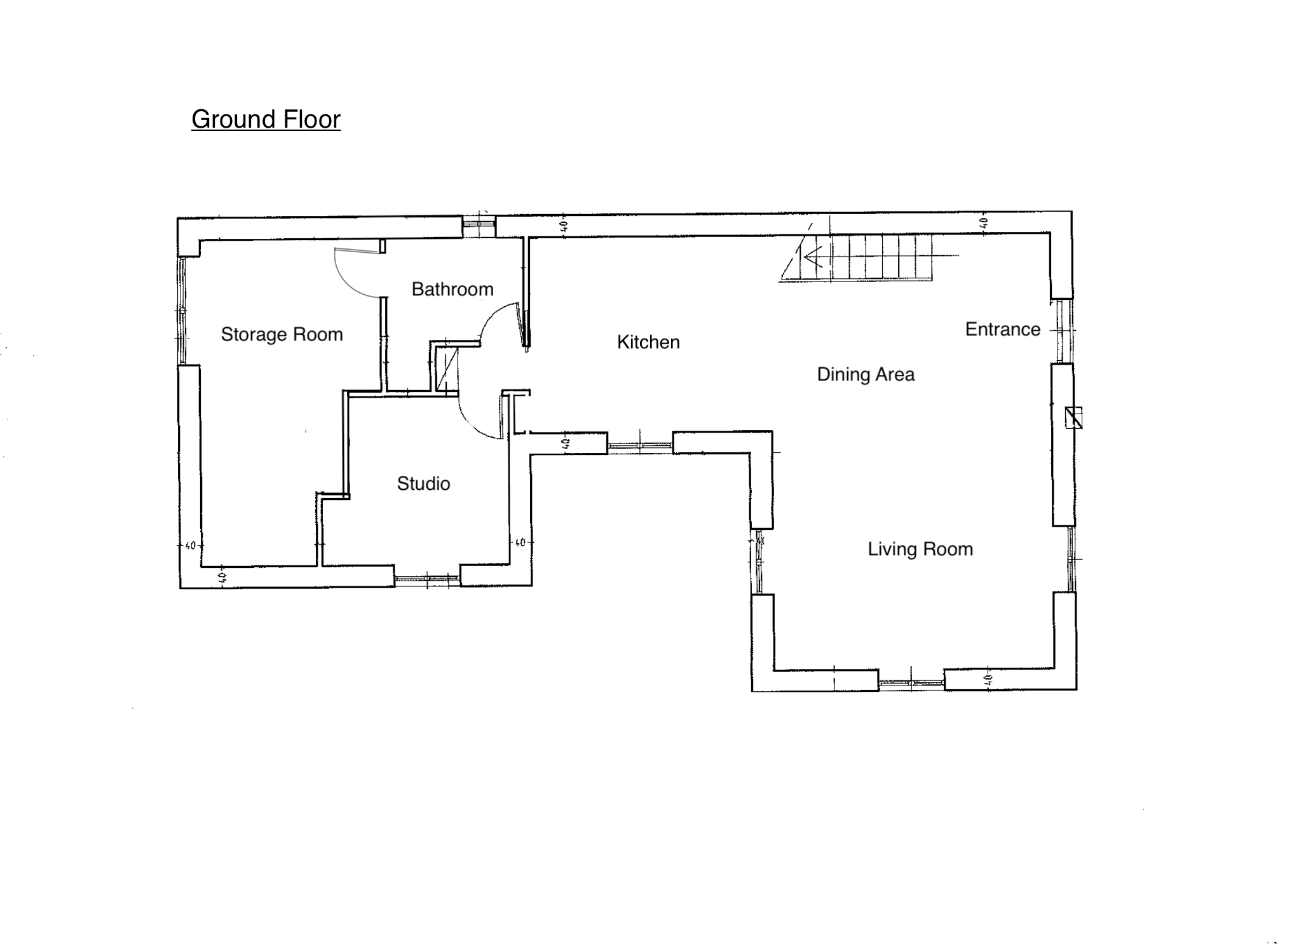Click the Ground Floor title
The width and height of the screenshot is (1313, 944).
pyautogui.click(x=266, y=119)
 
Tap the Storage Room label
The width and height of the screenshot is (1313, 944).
pyautogui.click(x=282, y=335)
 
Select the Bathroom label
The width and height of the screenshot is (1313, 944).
pyautogui.click(x=452, y=289)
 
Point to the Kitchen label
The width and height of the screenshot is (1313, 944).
pyautogui.click(x=648, y=342)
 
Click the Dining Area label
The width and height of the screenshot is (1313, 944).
pyautogui.click(x=866, y=375)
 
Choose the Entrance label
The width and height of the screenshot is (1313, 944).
pyautogui.click(x=1002, y=329)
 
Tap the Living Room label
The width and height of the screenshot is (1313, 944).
pyautogui.click(x=920, y=550)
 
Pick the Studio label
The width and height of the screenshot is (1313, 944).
pyautogui.click(x=423, y=483)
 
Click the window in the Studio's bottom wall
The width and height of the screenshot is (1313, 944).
pyautogui.click(x=427, y=579)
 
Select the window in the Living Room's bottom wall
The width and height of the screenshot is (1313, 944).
pyautogui.click(x=911, y=684)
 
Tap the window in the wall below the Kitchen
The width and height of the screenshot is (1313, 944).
pyautogui.click(x=640, y=446)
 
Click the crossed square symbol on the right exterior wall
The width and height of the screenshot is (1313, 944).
pyautogui.click(x=1073, y=417)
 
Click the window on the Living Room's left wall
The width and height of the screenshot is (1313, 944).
pyautogui.click(x=757, y=562)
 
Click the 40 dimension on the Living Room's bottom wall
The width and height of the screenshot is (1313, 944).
pyautogui.click(x=988, y=680)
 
